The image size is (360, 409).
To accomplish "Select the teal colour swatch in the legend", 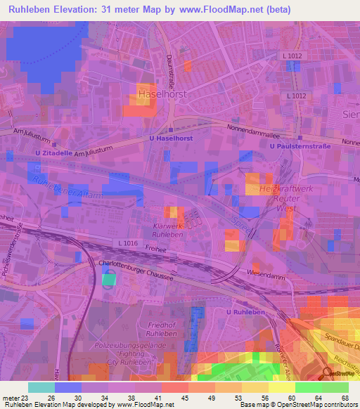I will coord(41,387).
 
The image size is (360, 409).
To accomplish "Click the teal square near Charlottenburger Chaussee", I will coord(108,280).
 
